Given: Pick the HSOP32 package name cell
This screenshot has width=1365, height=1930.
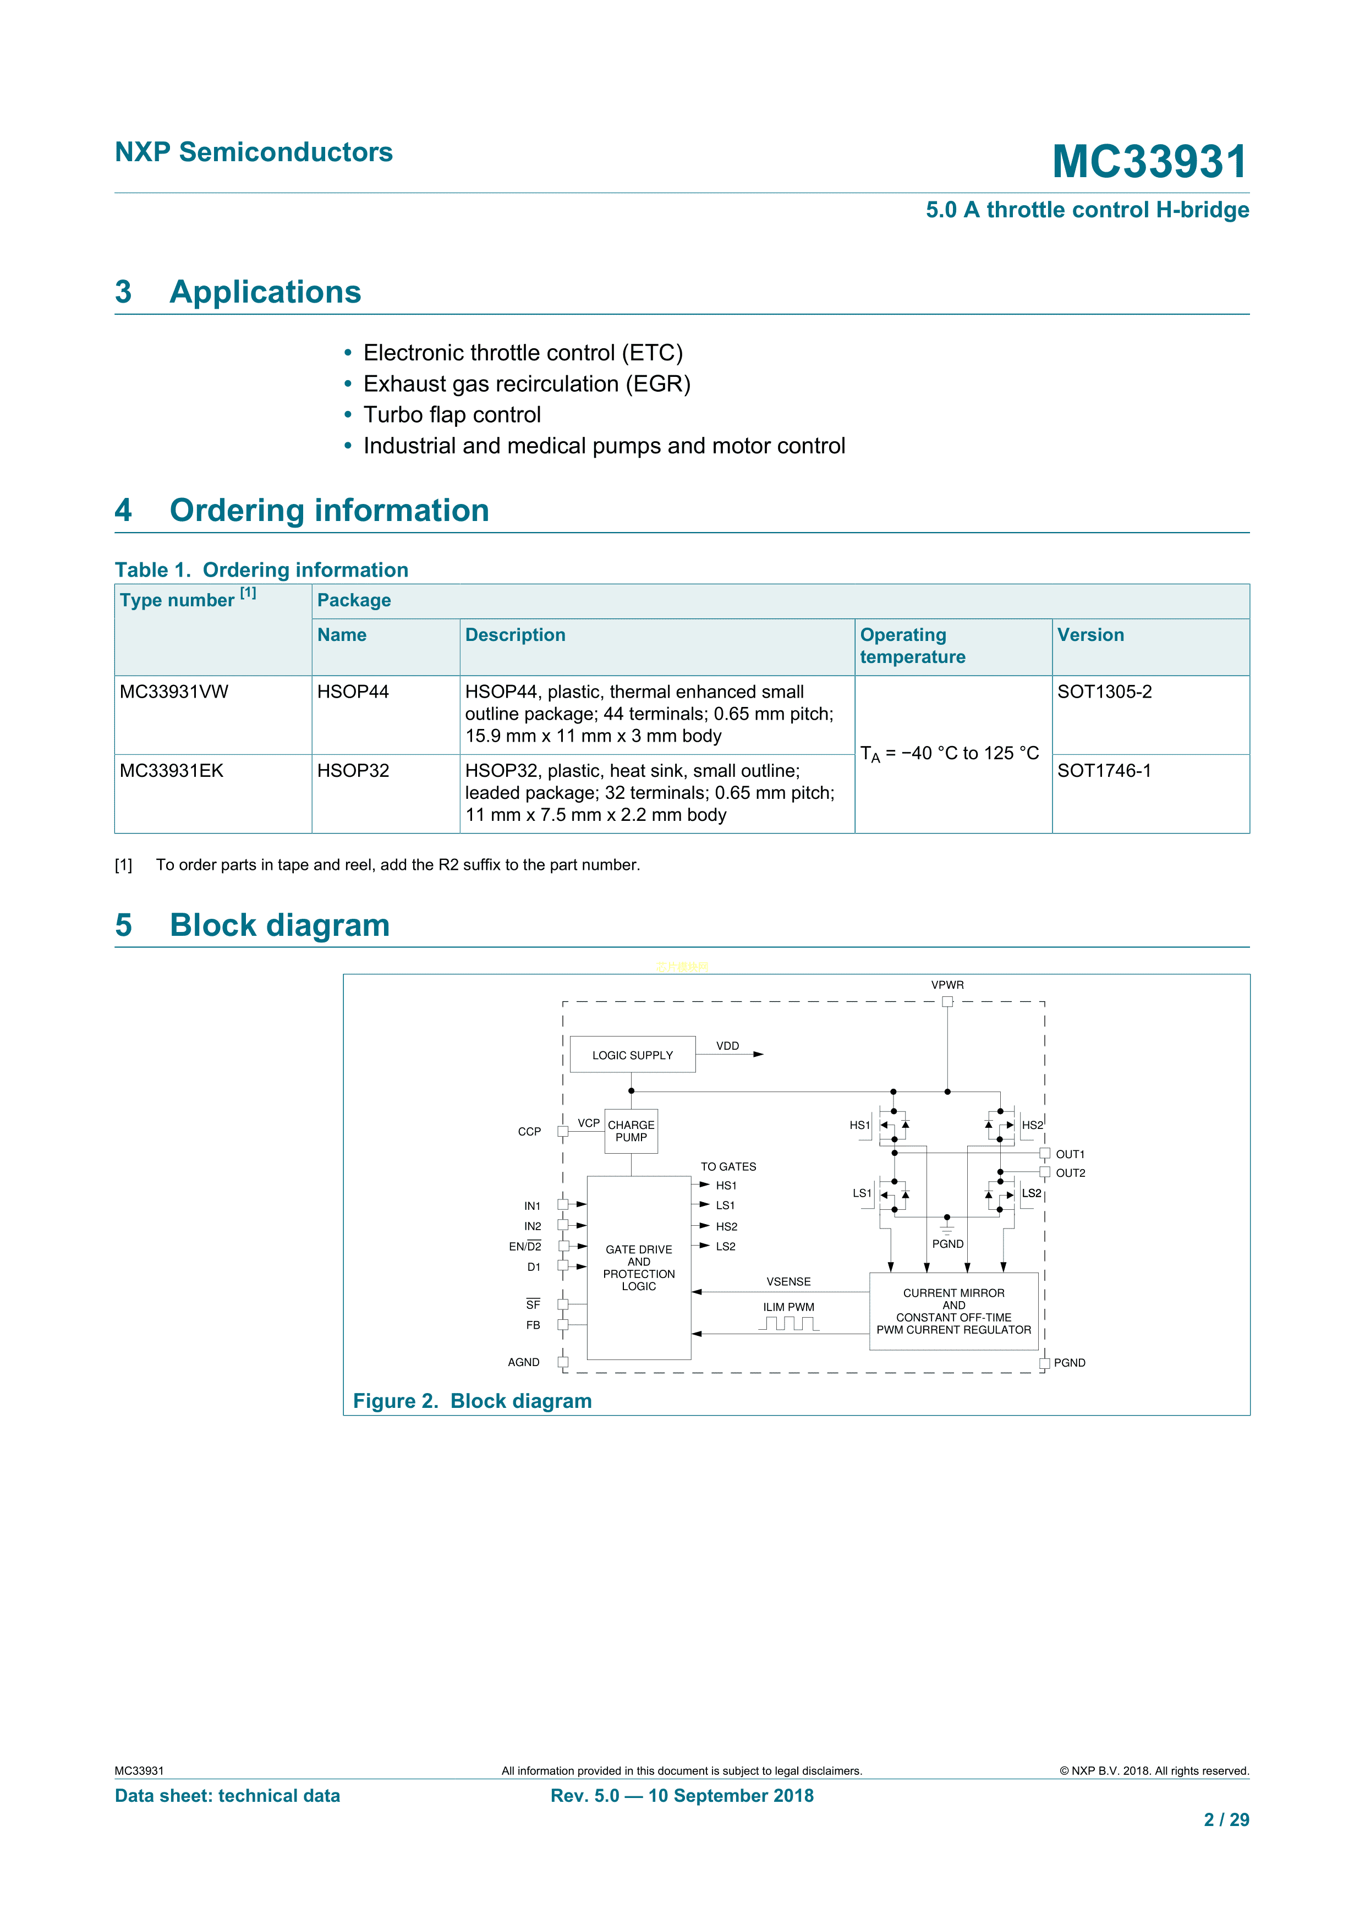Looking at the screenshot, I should point(353,771).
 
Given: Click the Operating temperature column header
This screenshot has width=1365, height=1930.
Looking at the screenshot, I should point(912,645).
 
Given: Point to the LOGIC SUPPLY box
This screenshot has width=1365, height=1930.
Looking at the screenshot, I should point(632,1055).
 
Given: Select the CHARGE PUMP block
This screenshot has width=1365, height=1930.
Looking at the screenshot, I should point(631,1131).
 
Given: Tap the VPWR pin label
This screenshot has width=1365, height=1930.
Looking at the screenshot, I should point(947,985).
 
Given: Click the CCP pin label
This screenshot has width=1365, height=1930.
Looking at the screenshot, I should point(529,1132).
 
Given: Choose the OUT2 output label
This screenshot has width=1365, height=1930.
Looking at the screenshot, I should point(1070,1172).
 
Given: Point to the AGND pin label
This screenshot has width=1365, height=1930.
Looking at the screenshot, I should point(524,1362).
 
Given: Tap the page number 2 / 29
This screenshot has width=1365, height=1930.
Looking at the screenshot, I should point(1226,1820).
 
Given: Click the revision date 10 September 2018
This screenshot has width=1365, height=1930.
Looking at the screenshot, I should point(731,1796).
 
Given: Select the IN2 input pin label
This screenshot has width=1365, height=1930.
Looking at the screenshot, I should point(532,1226).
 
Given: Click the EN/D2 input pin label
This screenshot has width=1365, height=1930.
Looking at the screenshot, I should point(525,1247).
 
